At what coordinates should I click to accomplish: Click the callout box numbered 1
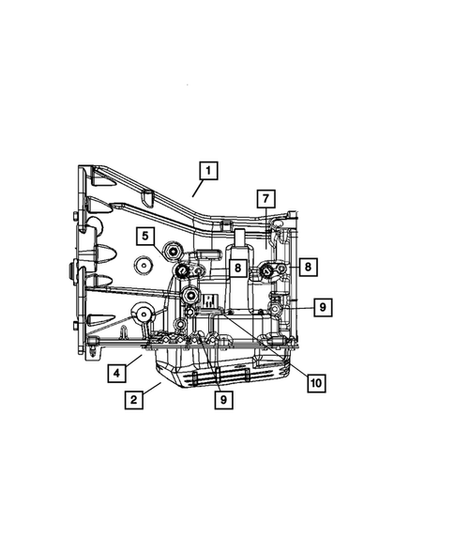coord(207,171)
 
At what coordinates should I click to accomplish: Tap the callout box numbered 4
coord(115,373)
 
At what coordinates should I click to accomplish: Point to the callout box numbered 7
coord(265,198)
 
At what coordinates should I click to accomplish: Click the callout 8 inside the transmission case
coord(238,268)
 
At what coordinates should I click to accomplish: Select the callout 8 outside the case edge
coord(309,267)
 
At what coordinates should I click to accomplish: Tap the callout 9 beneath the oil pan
coord(224,398)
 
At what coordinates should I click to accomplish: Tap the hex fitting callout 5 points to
coord(174,251)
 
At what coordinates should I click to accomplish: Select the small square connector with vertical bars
coord(209,301)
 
